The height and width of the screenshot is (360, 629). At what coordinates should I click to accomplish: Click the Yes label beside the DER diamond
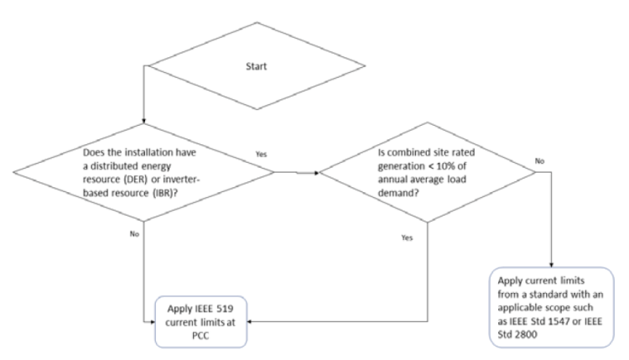point(261,154)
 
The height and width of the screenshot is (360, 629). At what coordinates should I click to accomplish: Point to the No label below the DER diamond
point(133,234)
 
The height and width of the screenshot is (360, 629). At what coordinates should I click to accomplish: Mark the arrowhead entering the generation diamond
point(317,174)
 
